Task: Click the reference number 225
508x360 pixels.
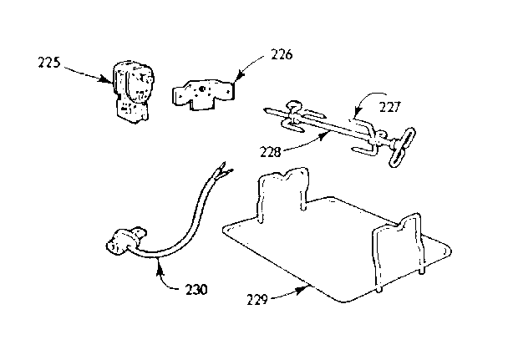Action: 49,62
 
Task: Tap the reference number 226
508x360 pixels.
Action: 282,54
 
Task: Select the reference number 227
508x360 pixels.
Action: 390,107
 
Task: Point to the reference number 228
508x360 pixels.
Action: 270,152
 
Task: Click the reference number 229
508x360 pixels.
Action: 257,300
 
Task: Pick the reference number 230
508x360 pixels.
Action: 196,290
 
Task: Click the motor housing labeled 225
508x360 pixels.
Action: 133,93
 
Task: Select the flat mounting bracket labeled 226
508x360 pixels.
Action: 203,95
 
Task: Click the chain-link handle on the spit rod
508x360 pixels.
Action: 403,148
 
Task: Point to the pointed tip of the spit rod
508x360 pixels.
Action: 267,110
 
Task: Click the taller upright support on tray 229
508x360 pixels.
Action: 283,195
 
